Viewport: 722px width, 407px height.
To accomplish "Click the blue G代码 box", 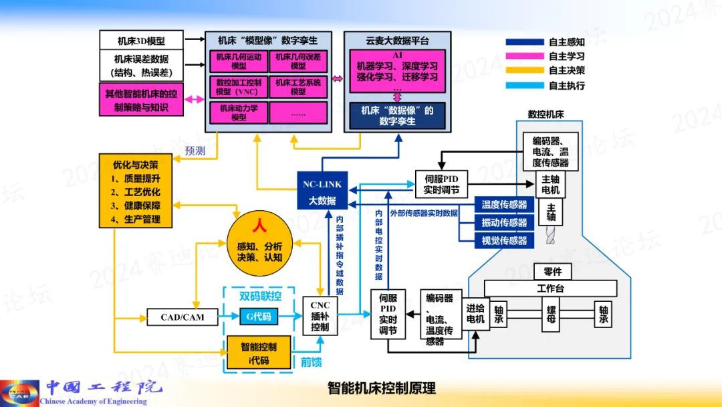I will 259,316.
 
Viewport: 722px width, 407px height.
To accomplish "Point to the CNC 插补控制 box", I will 320,316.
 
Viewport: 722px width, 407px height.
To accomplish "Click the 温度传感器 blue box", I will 504,205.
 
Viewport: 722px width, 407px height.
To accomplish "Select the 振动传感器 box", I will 504,223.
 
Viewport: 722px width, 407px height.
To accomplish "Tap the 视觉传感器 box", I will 504,241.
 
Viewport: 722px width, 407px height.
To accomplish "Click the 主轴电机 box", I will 550,185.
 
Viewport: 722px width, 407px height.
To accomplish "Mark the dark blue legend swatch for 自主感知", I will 524,42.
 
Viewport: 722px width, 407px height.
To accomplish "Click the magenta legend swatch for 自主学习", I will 524,56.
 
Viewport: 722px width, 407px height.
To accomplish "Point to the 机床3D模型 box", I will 140,39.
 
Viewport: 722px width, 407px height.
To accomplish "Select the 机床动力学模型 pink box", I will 238,112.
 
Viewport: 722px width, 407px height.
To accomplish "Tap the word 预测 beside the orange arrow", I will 195,151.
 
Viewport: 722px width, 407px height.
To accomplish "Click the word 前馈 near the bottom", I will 312,363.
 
